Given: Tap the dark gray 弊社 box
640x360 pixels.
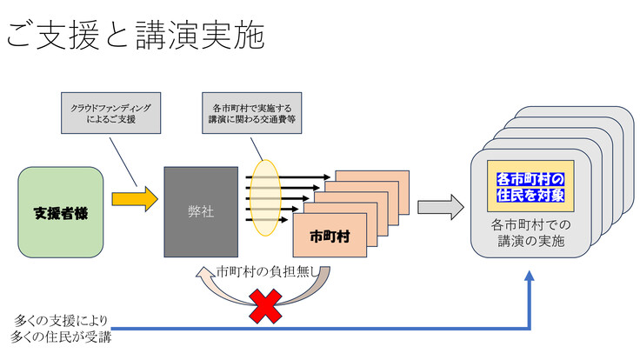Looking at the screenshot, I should coord(201,211).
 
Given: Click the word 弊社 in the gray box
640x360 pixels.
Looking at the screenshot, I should coord(201,211).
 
